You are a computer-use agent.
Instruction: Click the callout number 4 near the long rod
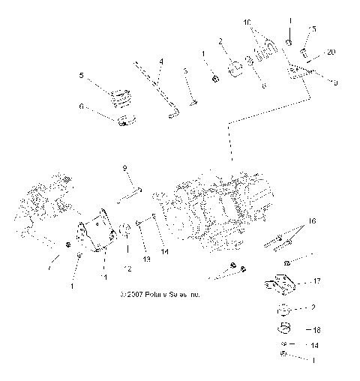tap(160, 60)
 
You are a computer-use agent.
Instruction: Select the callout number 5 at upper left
tap(81, 75)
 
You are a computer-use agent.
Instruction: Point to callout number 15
tap(313, 29)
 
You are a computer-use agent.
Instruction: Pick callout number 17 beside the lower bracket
tap(316, 282)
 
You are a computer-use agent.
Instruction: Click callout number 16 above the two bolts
tap(312, 222)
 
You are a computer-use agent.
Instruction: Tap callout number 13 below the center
tap(146, 259)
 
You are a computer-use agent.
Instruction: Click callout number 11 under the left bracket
tap(106, 277)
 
